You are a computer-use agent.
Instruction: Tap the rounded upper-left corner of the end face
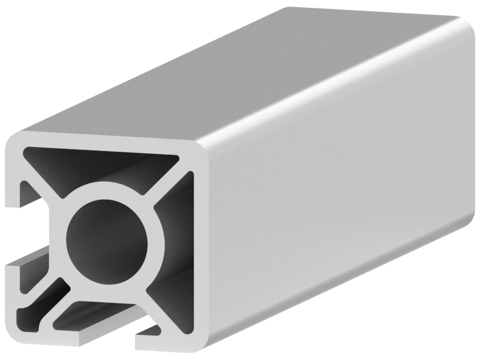(x=18, y=141)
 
